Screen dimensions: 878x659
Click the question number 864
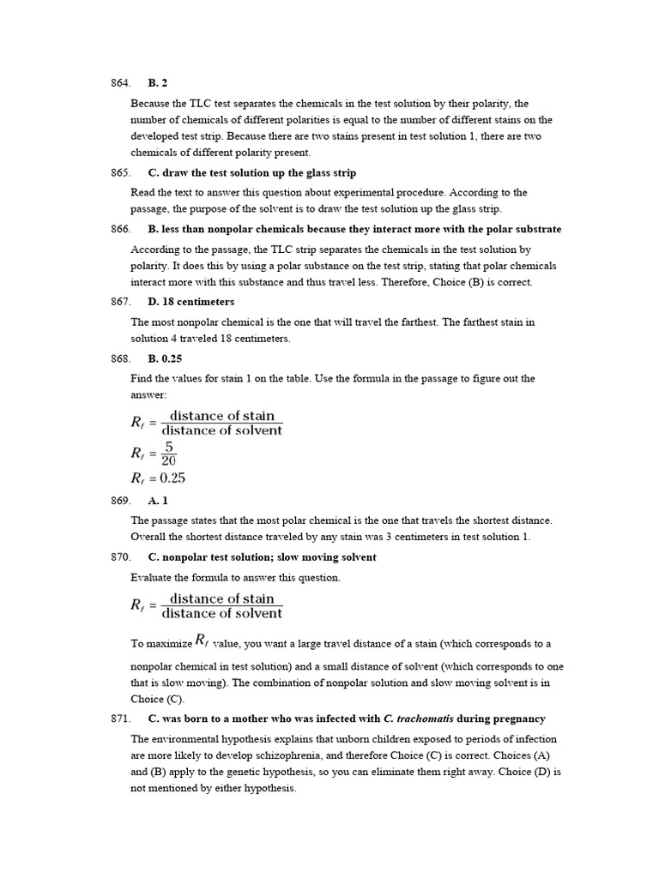click(120, 83)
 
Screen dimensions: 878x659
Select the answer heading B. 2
click(157, 83)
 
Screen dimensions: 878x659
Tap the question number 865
click(120, 172)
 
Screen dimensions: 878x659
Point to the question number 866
click(120, 229)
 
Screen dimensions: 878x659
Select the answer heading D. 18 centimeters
click(190, 302)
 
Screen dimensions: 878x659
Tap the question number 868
click(120, 358)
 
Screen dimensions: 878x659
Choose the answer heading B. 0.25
click(165, 358)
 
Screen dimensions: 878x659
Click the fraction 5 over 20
click(168, 454)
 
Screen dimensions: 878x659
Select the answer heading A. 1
click(158, 500)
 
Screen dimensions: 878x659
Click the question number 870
click(120, 556)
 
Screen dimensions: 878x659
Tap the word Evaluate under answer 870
click(151, 578)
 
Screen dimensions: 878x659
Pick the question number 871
click(120, 719)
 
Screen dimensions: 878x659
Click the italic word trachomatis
click(424, 719)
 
